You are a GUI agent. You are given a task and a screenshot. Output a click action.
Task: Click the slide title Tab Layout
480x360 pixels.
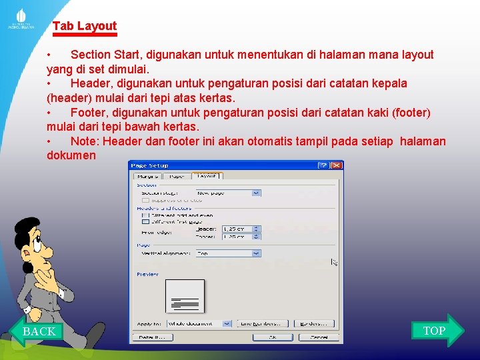(85, 26)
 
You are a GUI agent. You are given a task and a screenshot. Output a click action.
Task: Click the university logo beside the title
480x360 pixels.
(21, 18)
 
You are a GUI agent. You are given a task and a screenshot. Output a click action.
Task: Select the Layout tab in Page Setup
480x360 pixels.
(207, 176)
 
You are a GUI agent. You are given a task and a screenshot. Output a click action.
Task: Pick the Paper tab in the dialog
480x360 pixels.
(177, 176)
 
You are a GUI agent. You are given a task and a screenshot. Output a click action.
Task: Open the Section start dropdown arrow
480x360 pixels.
(256, 193)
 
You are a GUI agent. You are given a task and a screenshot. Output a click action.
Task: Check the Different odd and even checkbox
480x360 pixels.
(145, 215)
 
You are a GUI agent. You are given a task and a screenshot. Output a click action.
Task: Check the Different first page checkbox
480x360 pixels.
(145, 221)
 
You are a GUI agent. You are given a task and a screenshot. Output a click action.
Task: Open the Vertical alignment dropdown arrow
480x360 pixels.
(256, 253)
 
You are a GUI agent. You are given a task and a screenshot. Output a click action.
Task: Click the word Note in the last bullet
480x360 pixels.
(85, 141)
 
